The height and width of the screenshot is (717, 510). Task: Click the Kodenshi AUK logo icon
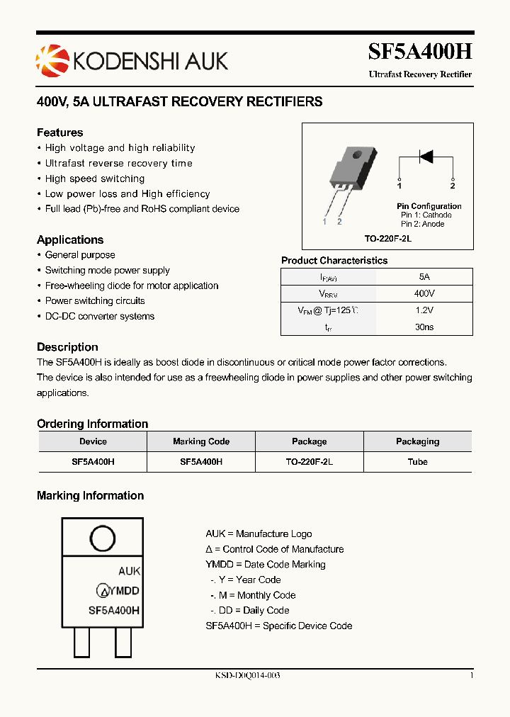50,60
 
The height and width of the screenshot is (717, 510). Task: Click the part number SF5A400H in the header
419,52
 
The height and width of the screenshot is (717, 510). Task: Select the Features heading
59,132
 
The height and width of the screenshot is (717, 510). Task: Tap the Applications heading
70,239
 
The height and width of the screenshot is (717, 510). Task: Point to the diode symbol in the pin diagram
426,156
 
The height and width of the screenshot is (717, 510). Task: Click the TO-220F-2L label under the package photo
387,239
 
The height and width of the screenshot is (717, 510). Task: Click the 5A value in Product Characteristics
424,277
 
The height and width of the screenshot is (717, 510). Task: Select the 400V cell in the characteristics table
424,293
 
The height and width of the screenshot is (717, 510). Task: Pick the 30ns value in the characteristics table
424,327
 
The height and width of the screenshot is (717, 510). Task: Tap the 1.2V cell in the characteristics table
424,310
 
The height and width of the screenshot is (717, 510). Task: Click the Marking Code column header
201,441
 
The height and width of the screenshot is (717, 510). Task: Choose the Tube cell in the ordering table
417,461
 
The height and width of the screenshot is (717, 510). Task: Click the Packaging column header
417,441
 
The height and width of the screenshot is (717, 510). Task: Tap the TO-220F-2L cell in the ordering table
309,461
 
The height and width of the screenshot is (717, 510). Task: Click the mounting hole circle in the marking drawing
103,538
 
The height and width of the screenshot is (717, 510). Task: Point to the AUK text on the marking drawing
129,571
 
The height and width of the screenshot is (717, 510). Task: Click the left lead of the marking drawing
82,643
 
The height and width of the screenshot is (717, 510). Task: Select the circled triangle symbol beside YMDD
103,591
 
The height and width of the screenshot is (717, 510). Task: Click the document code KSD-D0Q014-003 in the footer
247,676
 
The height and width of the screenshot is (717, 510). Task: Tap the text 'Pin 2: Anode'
423,224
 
